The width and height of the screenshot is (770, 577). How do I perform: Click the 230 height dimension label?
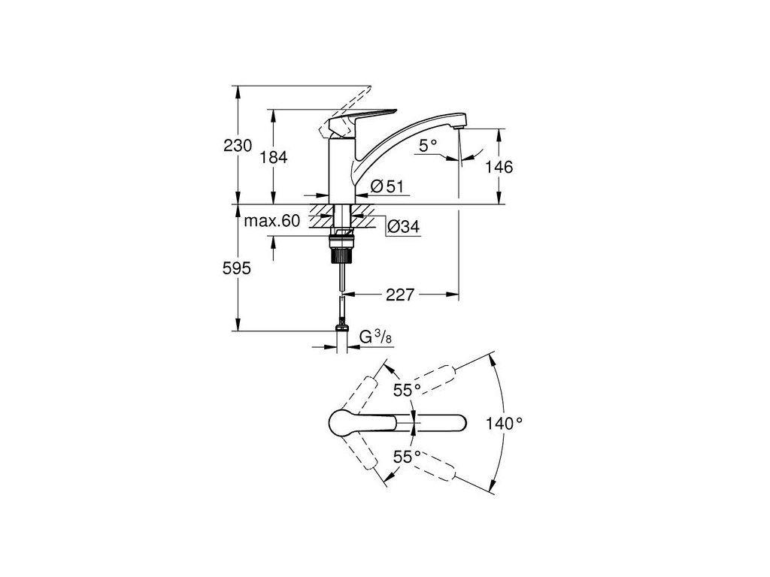[x=237, y=146]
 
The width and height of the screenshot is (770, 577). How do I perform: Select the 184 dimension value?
[x=273, y=157]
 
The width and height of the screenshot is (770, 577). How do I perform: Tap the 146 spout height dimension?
[x=498, y=167]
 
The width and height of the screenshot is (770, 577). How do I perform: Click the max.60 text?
[x=272, y=221]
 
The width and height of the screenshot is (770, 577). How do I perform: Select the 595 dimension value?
[x=237, y=267]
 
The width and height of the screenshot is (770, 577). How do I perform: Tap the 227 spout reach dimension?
[x=400, y=295]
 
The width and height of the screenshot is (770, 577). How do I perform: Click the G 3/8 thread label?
[x=374, y=338]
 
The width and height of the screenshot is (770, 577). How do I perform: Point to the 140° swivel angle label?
[x=504, y=424]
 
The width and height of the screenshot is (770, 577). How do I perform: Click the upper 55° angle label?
[x=408, y=389]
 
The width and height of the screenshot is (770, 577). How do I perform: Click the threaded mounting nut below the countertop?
[x=343, y=248]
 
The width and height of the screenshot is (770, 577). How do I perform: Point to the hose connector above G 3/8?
[x=343, y=325]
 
